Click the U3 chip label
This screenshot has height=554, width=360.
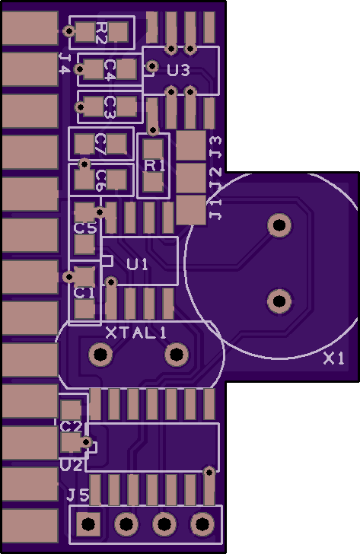tap(178, 70)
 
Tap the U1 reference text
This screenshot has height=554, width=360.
tap(138, 264)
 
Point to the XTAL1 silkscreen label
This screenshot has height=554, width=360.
tap(136, 333)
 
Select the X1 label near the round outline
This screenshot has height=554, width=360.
tap(334, 359)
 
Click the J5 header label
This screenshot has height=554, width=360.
tap(78, 495)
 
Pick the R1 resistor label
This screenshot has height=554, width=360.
tap(155, 165)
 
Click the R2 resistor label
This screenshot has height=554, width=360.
tap(101, 33)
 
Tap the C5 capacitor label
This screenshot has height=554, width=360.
tap(85, 228)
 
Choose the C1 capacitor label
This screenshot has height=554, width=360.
tap(84, 293)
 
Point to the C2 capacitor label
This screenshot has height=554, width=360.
tap(71, 427)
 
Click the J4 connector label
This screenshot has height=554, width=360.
tap(64, 64)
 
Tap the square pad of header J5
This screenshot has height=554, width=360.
tap(88, 524)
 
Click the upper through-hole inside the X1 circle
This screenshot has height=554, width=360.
tap(279, 224)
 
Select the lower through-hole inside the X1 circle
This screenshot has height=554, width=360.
tap(279, 301)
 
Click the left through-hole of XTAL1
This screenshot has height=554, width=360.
tap(100, 354)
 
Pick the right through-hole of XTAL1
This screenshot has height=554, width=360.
tap(177, 354)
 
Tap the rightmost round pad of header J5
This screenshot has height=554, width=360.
tap(202, 524)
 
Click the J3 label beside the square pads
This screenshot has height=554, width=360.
tap(215, 147)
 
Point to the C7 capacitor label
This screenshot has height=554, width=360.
tap(101, 145)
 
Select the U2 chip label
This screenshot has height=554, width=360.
tap(71, 465)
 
